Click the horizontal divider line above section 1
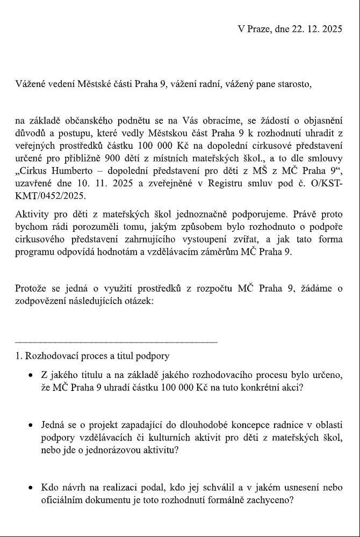tap(116, 342)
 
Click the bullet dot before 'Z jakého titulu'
tap(32, 374)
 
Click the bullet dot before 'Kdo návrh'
tap(32, 488)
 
